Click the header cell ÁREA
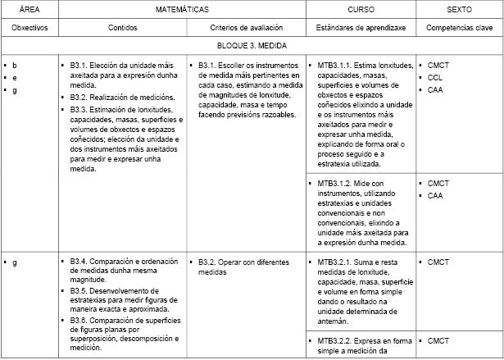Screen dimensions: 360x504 pyautogui.click(x=28, y=9)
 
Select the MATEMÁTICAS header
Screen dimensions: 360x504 pyautogui.click(x=182, y=9)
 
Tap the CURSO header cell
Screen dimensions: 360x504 pyautogui.click(x=360, y=9)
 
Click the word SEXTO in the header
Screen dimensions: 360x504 pyautogui.click(x=459, y=9)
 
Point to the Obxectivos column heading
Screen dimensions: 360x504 pyautogui.click(x=28, y=28)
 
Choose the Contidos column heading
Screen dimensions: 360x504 pyautogui.click(x=122, y=28)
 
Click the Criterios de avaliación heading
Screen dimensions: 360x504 pyautogui.click(x=246, y=28)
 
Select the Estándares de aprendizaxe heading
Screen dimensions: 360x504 pyautogui.click(x=360, y=28)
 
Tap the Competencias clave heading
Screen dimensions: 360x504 pyautogui.click(x=459, y=28)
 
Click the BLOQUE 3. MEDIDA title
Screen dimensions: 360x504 pyautogui.click(x=252, y=46)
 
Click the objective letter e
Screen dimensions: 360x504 pyautogui.click(x=15, y=77)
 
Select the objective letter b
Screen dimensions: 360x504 pyautogui.click(x=15, y=64)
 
